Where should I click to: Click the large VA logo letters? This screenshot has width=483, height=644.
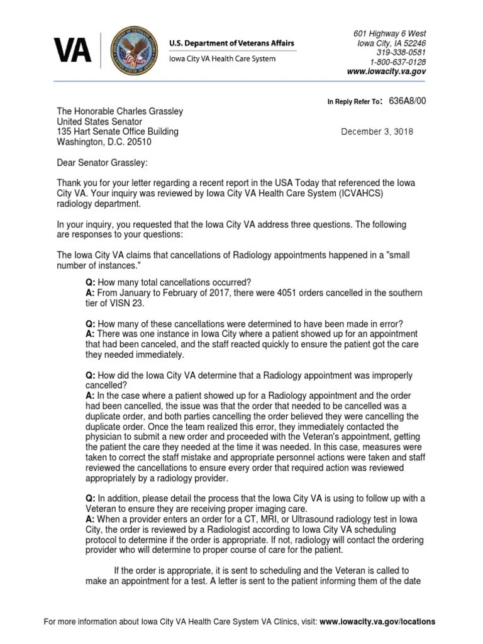click(x=72, y=50)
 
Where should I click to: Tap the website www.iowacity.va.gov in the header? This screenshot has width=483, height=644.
click(x=386, y=72)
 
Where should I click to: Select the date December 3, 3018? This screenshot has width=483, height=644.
click(x=377, y=132)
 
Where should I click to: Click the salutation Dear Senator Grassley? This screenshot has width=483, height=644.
click(x=103, y=163)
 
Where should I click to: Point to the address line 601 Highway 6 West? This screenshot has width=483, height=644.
click(x=389, y=33)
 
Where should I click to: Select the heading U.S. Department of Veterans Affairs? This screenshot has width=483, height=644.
click(x=231, y=43)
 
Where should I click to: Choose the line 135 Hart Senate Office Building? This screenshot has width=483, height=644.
click(x=118, y=132)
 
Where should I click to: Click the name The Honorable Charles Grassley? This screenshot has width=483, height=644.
click(x=120, y=111)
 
